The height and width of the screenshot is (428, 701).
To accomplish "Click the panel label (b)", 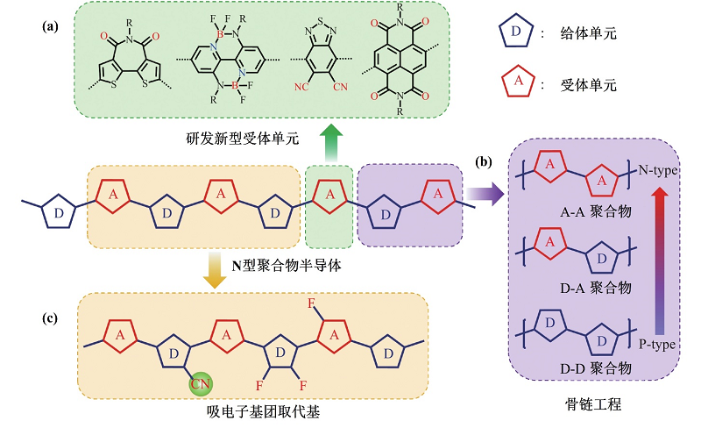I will [482, 162].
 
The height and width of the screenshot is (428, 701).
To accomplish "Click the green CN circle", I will [201, 383].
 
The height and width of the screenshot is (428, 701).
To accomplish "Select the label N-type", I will [658, 168].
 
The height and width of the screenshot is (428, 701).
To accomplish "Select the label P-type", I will [658, 345].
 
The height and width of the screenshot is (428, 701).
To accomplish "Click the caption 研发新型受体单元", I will [242, 139].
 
